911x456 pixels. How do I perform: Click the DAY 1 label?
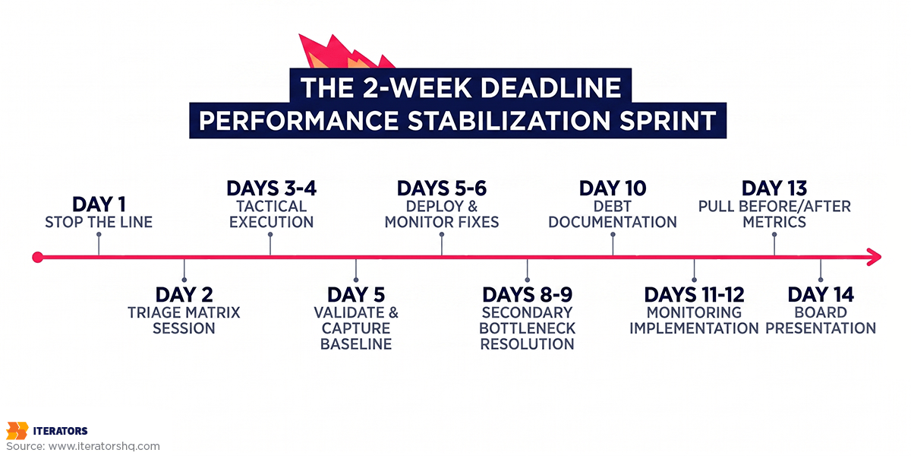(x=99, y=204)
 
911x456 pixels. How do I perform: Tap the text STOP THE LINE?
(x=99, y=222)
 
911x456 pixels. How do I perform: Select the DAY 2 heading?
(x=184, y=294)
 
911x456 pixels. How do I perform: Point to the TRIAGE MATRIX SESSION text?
(x=184, y=320)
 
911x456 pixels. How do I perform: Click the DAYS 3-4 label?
(x=271, y=188)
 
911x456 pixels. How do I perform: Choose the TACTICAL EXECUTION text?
(x=271, y=214)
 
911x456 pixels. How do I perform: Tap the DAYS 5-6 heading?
(x=442, y=188)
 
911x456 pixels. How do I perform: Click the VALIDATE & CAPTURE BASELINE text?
(x=356, y=328)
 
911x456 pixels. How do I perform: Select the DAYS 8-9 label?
(x=528, y=294)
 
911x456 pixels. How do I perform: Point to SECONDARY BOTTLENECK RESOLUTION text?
(x=528, y=328)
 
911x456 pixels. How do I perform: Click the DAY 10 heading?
(x=613, y=188)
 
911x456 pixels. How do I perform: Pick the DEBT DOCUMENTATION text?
(x=613, y=214)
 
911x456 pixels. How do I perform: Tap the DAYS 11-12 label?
(x=694, y=294)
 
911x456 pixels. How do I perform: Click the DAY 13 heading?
(x=774, y=188)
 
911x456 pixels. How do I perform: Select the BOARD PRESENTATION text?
(x=821, y=320)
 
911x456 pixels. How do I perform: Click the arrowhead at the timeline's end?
(x=874, y=258)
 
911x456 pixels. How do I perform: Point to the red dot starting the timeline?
(x=37, y=258)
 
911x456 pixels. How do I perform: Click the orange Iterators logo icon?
(x=17, y=430)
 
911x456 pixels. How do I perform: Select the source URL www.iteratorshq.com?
(x=104, y=446)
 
